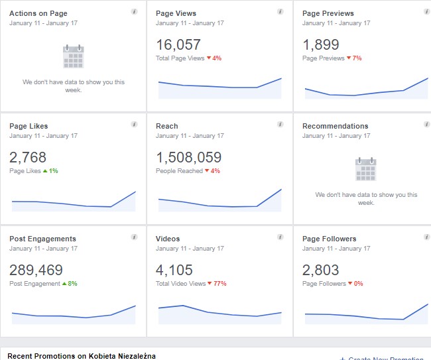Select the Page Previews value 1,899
point(321,45)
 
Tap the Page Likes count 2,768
point(29,158)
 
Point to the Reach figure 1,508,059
point(188,158)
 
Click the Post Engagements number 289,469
point(36,270)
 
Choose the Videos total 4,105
point(174,270)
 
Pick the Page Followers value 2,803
point(321,270)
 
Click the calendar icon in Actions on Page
point(73,56)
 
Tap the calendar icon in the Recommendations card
point(366,169)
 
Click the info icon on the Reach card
point(280,124)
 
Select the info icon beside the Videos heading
point(280,237)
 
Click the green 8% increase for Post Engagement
point(70,284)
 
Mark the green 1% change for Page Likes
point(51,171)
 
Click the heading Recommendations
point(335,126)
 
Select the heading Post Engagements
point(42,239)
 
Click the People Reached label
point(179,171)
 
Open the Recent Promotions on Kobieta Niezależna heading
point(82,356)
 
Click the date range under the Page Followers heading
point(336,249)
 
